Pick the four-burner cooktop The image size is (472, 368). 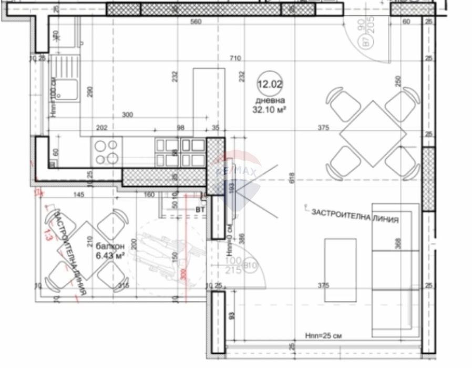(x=107, y=151)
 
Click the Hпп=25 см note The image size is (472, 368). (x=323, y=335)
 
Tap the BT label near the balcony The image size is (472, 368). (x=200, y=210)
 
